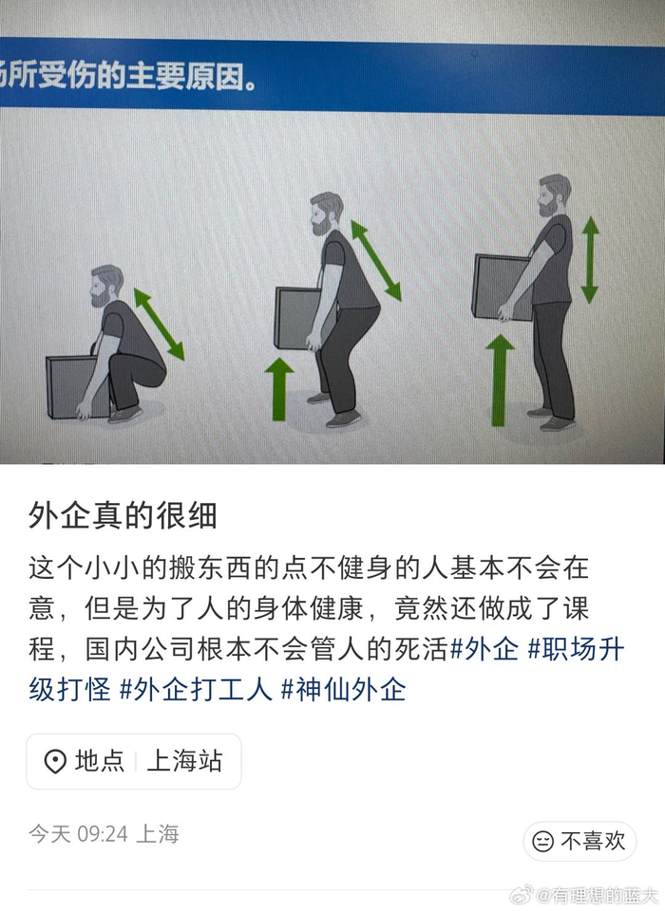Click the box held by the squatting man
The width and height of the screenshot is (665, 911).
[x=77, y=386]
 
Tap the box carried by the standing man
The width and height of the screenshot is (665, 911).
[x=502, y=286]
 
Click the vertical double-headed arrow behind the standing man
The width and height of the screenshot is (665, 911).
[x=590, y=260]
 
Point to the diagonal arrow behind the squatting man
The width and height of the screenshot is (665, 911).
[x=159, y=325]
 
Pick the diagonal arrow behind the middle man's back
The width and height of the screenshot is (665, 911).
[x=376, y=260]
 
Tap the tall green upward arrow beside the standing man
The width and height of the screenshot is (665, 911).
[x=500, y=380]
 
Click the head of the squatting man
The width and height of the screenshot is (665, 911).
[x=105, y=286]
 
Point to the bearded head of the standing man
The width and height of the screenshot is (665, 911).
[x=553, y=195]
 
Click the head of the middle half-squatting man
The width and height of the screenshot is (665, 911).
[x=326, y=214]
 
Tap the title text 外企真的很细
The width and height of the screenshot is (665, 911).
[x=123, y=515]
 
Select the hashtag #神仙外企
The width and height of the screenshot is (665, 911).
[x=343, y=690]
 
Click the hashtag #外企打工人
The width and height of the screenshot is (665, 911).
[x=196, y=690]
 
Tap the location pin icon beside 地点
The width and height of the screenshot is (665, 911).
[x=55, y=761]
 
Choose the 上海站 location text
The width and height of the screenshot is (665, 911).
[x=185, y=760]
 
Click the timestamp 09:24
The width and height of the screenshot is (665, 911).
[x=103, y=834]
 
